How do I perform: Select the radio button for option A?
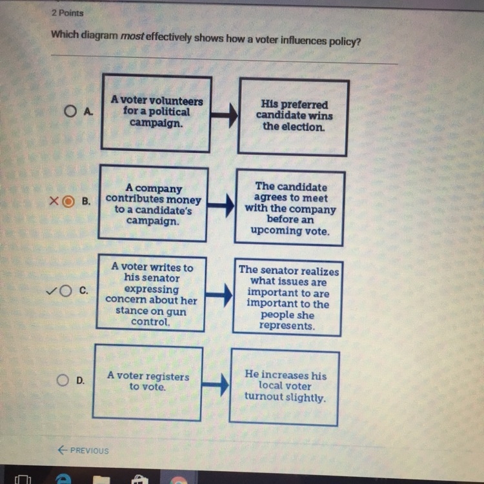tap(70, 111)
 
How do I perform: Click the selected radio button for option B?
tap(68, 201)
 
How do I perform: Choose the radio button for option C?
tap(65, 290)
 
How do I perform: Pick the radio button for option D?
tap(63, 380)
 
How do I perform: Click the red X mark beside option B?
tap(54, 201)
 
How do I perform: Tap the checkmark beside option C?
tap(51, 291)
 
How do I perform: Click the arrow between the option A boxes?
tap(224, 115)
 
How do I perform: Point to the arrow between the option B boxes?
tap(221, 205)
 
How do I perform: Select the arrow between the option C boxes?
tap(219, 295)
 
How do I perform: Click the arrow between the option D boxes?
tap(216, 385)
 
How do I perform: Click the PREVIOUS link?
tap(83, 450)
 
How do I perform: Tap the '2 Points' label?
tap(68, 13)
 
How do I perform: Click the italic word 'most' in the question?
tap(132, 36)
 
